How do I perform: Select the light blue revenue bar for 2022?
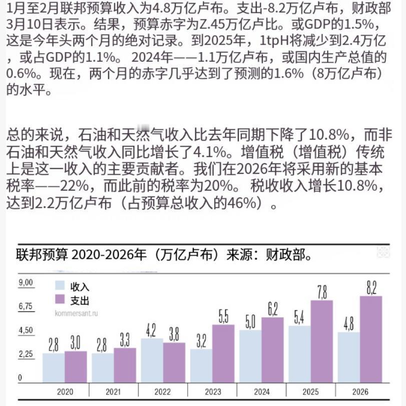click(x=151, y=360)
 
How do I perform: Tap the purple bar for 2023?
click(x=223, y=353)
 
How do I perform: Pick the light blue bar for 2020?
click(x=53, y=368)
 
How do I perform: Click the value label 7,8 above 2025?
click(x=322, y=291)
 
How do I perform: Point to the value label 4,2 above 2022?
click(x=151, y=330)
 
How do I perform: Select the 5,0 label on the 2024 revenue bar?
click(x=250, y=321)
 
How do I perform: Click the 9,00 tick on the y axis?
click(x=26, y=282)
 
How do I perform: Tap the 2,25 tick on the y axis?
click(x=26, y=354)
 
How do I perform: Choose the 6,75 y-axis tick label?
click(x=26, y=306)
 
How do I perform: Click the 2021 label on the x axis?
click(x=114, y=391)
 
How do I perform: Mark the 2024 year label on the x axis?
click(x=261, y=391)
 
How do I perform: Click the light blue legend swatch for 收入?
click(x=60, y=286)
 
